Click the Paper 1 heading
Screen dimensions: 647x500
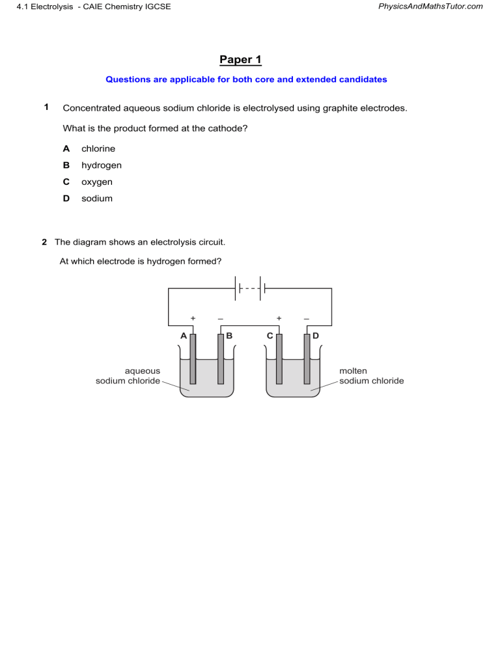[240, 60]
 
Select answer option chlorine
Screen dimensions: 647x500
[98, 148]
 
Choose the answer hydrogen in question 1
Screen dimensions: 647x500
[101, 165]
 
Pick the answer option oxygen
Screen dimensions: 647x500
[96, 182]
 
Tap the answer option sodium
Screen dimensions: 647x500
[96, 199]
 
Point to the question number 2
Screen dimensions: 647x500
[44, 242]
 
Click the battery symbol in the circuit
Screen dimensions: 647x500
[251, 288]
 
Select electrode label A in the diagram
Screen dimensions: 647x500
[184, 336]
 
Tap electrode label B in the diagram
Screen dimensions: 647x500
[229, 336]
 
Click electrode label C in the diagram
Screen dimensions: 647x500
[270, 336]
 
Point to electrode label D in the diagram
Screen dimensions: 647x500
[315, 336]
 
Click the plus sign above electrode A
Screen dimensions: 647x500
[193, 318]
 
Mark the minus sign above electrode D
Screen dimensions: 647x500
[306, 318]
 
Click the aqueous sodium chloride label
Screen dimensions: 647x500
[128, 376]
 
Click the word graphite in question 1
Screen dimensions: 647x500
[318, 108]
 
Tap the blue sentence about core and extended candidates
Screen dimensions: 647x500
[246, 79]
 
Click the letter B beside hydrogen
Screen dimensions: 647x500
[66, 165]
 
